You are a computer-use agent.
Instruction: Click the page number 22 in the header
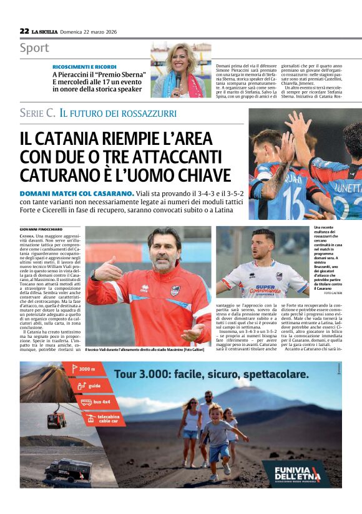pos(24,31)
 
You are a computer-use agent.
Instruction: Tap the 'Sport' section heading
pos(34,48)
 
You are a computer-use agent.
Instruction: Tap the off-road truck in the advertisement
pos(67,469)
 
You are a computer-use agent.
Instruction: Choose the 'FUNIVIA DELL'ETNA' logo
pos(296,473)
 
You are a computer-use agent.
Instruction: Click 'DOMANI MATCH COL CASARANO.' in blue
pos(77,194)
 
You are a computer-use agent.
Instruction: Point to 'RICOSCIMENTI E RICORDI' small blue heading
pos(84,66)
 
